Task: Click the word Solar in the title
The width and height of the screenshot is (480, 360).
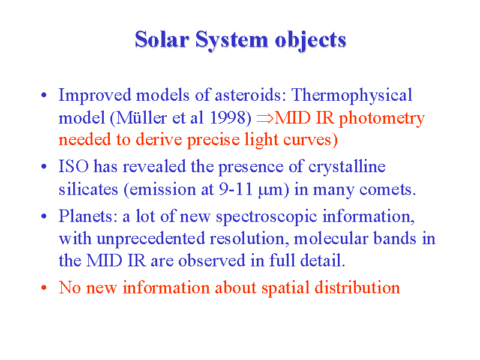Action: tap(162, 39)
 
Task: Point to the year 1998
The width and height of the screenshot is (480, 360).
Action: tap(228, 118)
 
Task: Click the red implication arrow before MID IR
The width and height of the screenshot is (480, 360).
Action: tap(265, 118)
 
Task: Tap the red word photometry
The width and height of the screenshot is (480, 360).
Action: tap(382, 119)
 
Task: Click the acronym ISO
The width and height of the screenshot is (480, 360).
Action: tap(73, 166)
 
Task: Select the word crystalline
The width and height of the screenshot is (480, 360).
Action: tap(347, 167)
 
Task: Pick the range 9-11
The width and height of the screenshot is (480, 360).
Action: tap(236, 190)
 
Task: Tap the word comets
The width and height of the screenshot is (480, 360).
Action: tap(388, 190)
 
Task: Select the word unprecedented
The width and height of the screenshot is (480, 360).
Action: tap(151, 239)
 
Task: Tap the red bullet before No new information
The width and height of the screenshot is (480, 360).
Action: tap(44, 288)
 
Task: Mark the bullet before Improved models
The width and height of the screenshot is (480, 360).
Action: tap(44, 95)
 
